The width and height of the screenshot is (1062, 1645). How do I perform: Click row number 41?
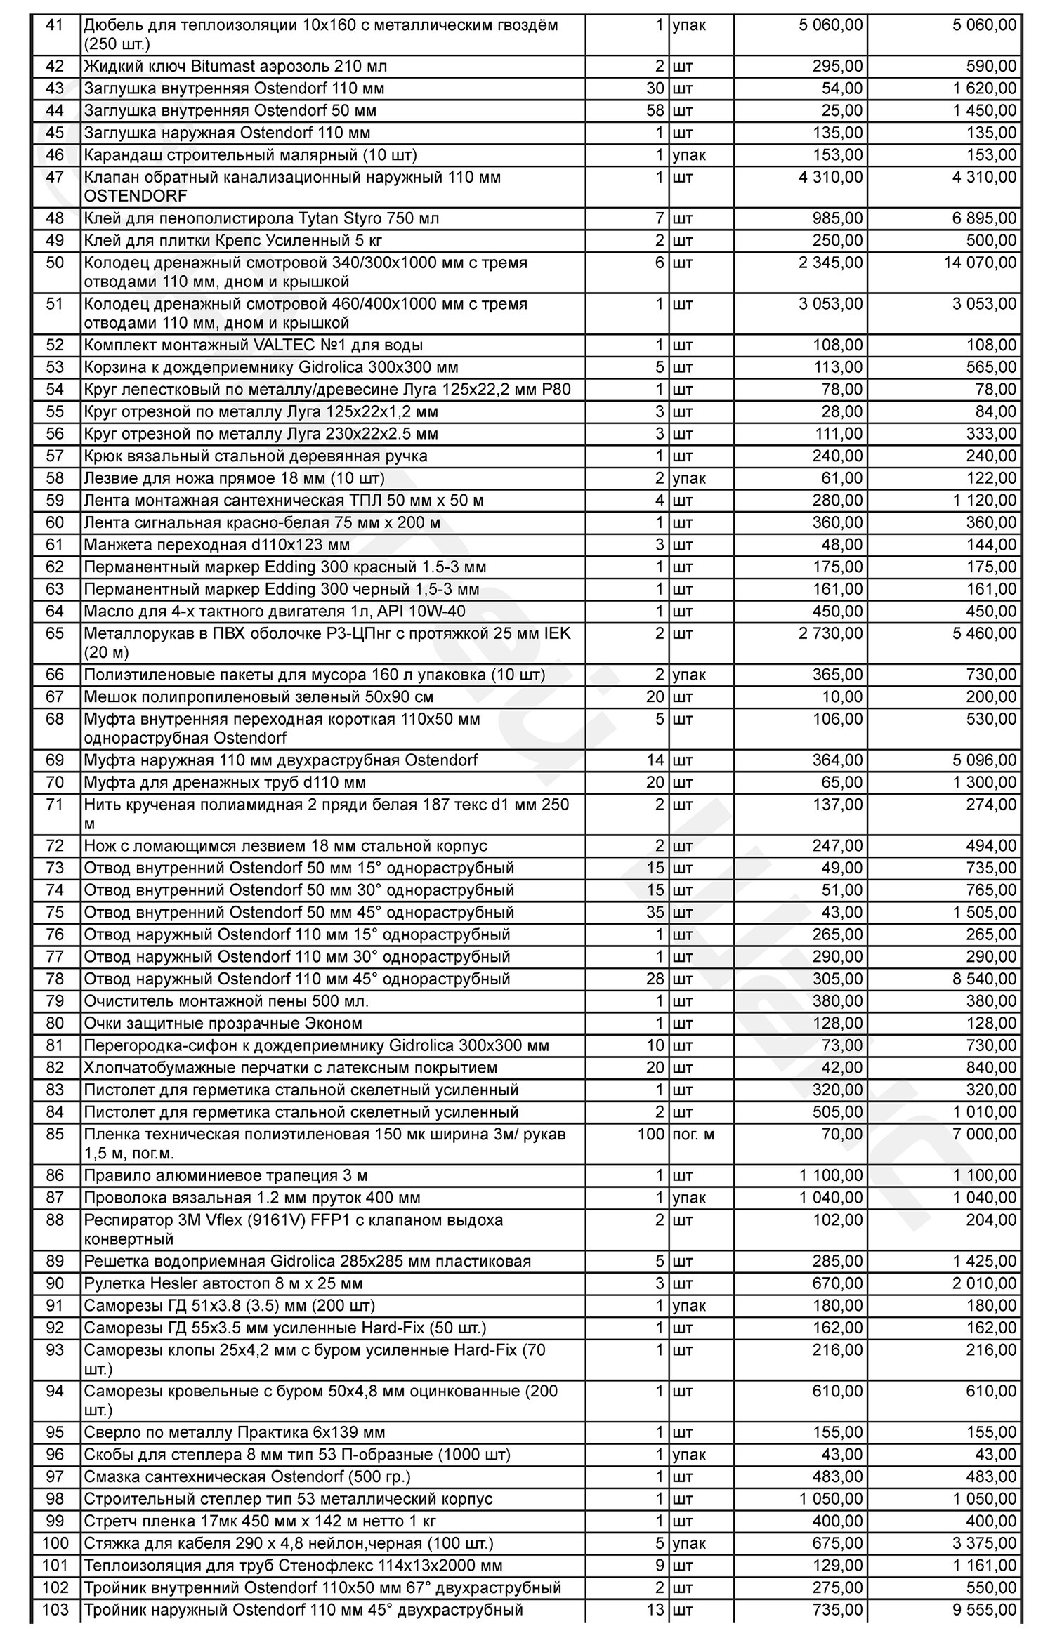click(x=54, y=25)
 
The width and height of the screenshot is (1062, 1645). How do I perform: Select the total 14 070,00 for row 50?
click(x=983, y=263)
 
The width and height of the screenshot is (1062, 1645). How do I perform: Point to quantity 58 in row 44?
click(x=655, y=111)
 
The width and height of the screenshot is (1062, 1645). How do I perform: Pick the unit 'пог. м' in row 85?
click(x=693, y=1135)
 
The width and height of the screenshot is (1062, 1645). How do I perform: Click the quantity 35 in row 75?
click(x=655, y=913)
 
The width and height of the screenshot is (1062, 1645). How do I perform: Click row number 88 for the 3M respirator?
click(x=54, y=1220)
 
